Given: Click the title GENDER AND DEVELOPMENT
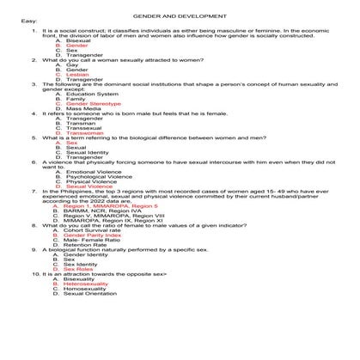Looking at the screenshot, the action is coord(179,16).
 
